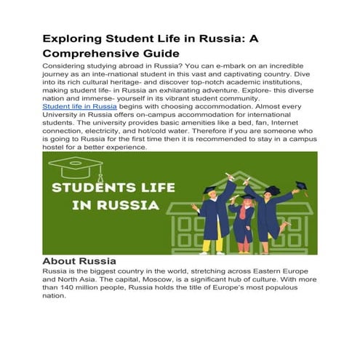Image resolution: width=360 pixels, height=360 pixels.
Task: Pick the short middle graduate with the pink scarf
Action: tap(242, 217)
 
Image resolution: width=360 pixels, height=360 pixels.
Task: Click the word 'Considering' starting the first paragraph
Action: tap(70, 65)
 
